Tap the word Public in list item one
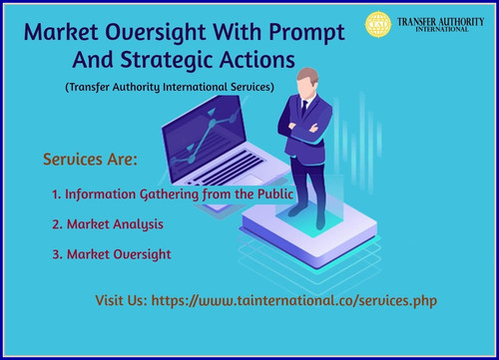269,193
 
